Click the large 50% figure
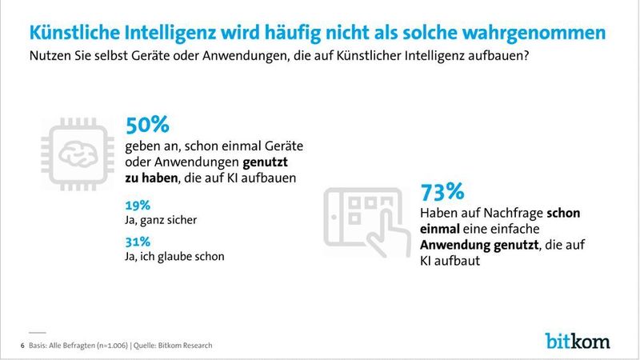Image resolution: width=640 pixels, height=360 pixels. click(147, 126)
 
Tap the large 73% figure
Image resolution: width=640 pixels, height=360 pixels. click(442, 193)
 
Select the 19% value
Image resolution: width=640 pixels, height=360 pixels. click(137, 204)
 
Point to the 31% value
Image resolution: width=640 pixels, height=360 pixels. click(137, 242)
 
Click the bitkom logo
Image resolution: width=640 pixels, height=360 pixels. click(577, 340)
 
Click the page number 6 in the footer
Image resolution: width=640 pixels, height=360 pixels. click(21, 345)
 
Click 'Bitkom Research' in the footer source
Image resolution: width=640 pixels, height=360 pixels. click(185, 345)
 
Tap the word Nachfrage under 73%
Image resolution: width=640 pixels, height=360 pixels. click(509, 214)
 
